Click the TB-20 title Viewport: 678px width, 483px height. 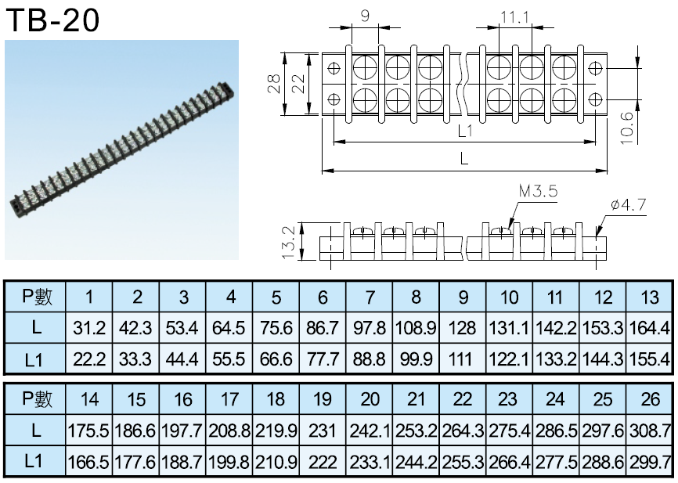click(52, 20)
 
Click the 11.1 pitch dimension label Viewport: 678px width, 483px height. click(515, 17)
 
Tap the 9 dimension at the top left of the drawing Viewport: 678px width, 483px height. click(365, 16)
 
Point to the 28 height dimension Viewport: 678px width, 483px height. click(274, 84)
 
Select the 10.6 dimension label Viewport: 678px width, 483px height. click(626, 128)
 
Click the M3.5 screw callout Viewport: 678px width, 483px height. click(538, 191)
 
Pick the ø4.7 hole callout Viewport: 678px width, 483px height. click(628, 204)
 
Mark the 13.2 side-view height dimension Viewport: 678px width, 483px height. click(288, 242)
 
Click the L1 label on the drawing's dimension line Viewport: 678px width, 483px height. click(465, 131)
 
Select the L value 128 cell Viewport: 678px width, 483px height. click(462, 328)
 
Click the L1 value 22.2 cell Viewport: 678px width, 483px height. click(89, 359)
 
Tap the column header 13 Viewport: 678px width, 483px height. click(650, 297)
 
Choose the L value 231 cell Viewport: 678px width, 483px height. click(322, 431)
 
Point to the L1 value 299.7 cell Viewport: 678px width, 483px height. click(650, 462)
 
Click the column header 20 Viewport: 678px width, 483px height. click(370, 399)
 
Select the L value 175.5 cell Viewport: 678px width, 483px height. click(89, 431)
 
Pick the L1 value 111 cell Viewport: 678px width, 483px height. click(462, 359)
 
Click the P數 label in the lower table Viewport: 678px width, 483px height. click(37, 398)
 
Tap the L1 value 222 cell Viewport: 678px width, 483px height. click(322, 462)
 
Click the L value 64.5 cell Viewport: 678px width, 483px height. click(229, 328)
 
